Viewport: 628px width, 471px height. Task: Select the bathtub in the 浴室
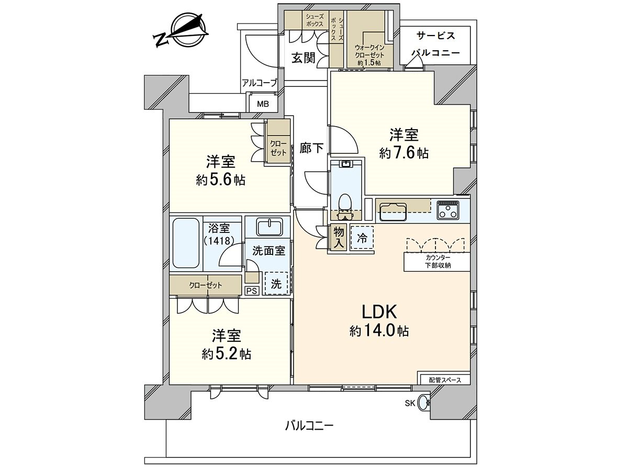[186, 244]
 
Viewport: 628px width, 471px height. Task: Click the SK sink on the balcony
[424, 403]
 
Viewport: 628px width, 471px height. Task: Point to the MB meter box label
[263, 104]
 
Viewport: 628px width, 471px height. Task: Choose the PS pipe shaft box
[252, 291]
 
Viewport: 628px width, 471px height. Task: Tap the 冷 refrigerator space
[362, 238]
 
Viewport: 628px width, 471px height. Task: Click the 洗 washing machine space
[276, 284]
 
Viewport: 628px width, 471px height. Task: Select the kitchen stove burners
[448, 210]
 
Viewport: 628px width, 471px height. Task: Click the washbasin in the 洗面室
[270, 227]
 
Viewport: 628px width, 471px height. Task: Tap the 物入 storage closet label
[339, 238]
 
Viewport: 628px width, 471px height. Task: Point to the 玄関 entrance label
[304, 58]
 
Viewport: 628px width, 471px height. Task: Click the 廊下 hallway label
[311, 148]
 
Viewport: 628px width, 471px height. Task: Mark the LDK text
[379, 312]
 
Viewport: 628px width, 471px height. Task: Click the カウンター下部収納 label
[438, 261]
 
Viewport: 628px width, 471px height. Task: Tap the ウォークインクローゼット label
[369, 55]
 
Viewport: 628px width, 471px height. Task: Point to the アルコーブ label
[259, 83]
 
